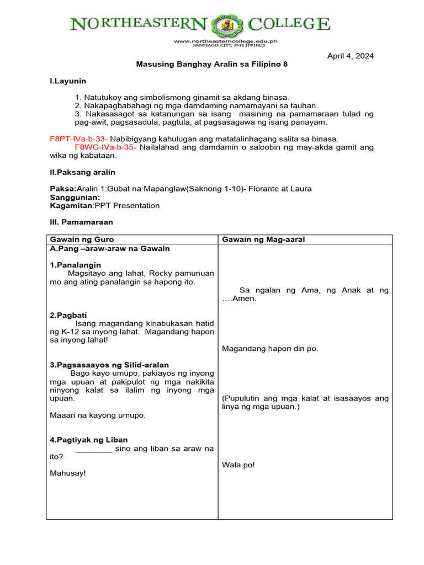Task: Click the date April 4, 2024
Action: pyautogui.click(x=351, y=56)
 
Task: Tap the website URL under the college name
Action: pyautogui.click(x=225, y=41)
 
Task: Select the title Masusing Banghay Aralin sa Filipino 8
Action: pyautogui.click(x=212, y=64)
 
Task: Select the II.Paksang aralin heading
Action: pyautogui.click(x=82, y=172)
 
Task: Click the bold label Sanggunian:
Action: pyautogui.click(x=75, y=197)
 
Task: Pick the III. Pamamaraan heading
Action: pyautogui.click(x=81, y=222)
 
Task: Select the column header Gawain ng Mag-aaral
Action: pyautogui.click(x=263, y=239)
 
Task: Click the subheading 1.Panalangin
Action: pyautogui.click(x=75, y=265)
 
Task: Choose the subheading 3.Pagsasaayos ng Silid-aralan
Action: pyautogui.click(x=109, y=365)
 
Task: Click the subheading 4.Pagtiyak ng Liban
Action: pyautogui.click(x=89, y=440)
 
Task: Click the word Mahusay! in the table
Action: pyautogui.click(x=68, y=473)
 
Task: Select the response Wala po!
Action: pyautogui.click(x=239, y=465)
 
